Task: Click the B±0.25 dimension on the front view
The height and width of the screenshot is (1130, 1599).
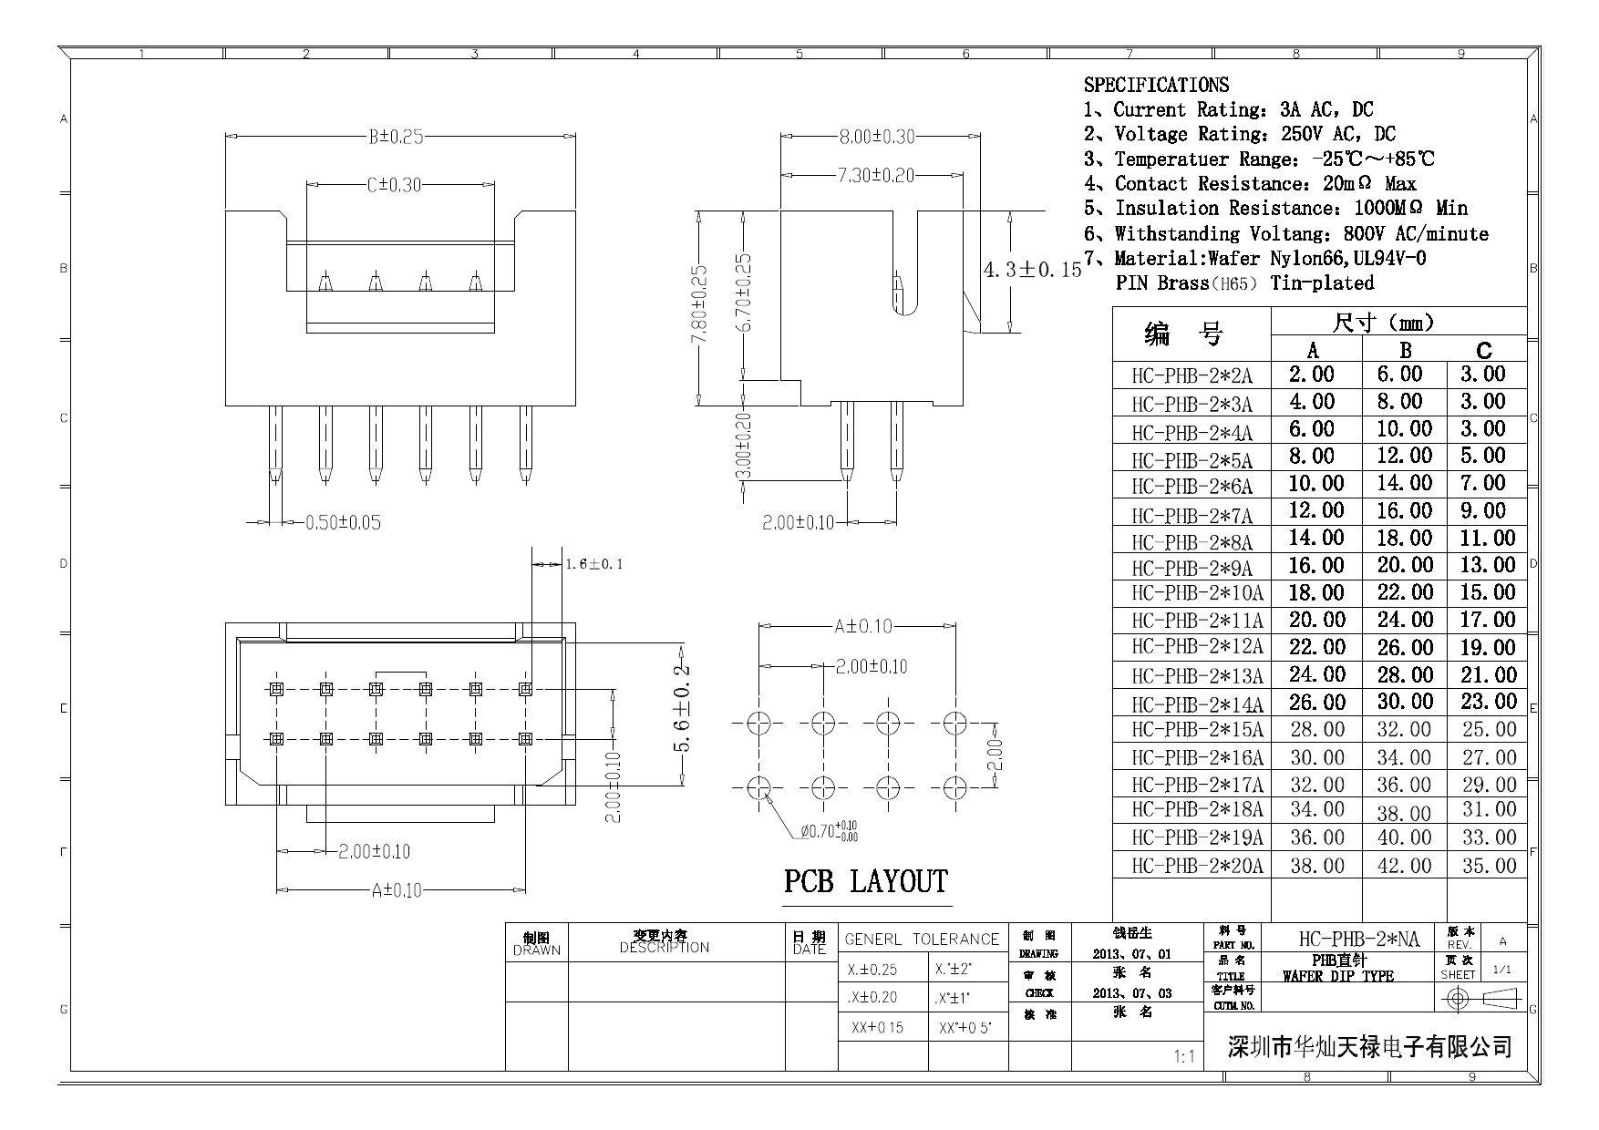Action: pos(396,138)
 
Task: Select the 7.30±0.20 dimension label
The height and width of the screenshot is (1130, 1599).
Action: pos(875,175)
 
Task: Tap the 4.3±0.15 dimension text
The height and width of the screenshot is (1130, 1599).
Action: pos(1032,270)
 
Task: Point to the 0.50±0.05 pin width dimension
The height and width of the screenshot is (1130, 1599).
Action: pos(342,523)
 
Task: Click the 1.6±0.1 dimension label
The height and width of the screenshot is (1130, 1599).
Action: pos(593,565)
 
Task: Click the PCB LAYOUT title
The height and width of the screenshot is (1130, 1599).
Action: pos(865,882)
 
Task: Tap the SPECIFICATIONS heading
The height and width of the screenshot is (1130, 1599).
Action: pos(1156,86)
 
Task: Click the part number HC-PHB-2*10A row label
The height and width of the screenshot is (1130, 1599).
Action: pos(1197,594)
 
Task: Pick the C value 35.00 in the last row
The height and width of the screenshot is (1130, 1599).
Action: pos(1489,866)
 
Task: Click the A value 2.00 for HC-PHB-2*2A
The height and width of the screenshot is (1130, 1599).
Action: pos(1311,375)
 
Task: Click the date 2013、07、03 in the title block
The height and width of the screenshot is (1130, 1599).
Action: pos(1132,993)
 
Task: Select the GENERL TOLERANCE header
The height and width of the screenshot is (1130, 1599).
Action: pos(922,940)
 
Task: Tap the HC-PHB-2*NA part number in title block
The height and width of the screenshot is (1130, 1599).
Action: pos(1358,940)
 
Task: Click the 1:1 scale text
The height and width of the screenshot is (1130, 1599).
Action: pos(1184,1057)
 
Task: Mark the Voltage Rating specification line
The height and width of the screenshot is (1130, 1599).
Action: pos(1241,135)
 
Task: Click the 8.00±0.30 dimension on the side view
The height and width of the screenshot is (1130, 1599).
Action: pos(876,138)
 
